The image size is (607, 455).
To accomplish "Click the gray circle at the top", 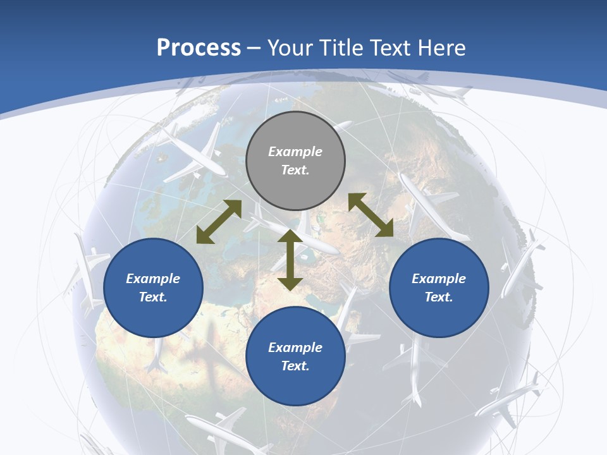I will pos(295,161).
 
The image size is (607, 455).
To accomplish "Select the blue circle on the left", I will pos(153,288).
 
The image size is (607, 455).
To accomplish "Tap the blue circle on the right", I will pos(439,288).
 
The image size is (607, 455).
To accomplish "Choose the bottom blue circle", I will pos(295,356).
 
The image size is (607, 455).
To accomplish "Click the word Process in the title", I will pos(199,47).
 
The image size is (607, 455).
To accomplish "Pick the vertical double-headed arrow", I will pos(290,260).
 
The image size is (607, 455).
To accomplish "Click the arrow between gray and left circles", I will pos(219,222).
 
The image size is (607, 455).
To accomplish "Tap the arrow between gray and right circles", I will pos(371,215).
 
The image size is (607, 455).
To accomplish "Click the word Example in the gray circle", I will pos(295,152).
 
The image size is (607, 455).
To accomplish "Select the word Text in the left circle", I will pos(152,297).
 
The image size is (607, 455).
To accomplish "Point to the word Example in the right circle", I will pos(439,279).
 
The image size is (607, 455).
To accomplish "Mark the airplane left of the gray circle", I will pos(193,152).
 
